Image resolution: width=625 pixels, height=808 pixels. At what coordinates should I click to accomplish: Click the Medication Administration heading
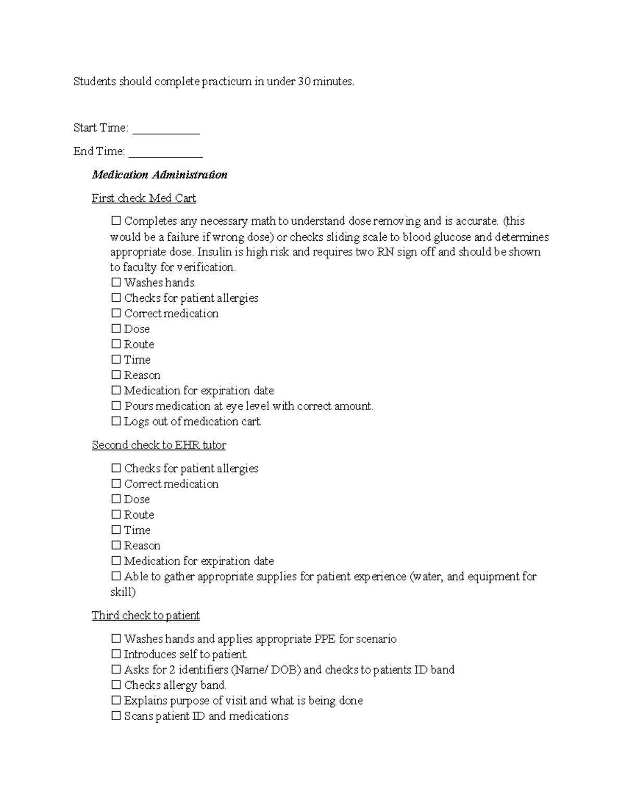(x=159, y=175)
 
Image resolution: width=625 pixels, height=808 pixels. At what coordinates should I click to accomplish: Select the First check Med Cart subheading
(x=144, y=198)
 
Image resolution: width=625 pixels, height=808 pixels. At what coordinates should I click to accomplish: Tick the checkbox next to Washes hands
(x=116, y=283)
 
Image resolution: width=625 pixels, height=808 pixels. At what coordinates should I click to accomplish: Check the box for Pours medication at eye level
(x=116, y=406)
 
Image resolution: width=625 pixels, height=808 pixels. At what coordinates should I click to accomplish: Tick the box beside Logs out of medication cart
(x=116, y=422)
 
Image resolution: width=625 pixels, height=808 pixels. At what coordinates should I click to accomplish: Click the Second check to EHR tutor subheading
(x=159, y=445)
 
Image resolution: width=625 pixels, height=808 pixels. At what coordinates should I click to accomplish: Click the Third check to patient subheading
(x=146, y=616)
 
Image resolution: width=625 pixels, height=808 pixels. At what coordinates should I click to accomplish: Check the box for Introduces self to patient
(x=116, y=655)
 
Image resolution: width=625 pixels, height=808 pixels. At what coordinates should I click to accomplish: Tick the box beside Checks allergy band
(x=116, y=686)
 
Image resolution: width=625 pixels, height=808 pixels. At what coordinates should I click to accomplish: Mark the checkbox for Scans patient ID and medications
(x=116, y=716)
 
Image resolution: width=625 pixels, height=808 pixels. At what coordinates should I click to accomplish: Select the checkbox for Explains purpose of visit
(x=116, y=701)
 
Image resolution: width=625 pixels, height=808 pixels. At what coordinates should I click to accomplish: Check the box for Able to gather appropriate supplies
(x=116, y=577)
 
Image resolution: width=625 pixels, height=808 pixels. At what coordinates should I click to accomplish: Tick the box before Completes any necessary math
(x=116, y=222)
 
